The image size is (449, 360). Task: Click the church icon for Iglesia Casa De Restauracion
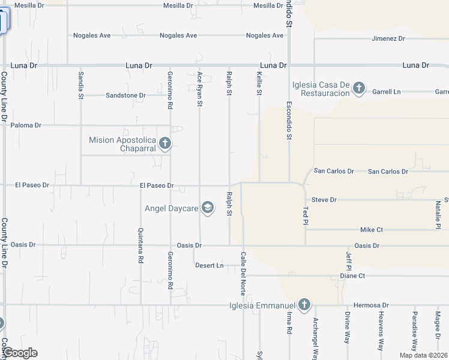click(359, 88)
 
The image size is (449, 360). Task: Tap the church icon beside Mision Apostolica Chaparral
click(165, 143)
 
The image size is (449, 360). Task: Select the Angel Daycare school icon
click(207, 208)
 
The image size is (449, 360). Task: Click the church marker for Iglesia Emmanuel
click(304, 305)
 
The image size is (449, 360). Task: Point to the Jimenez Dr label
click(388, 38)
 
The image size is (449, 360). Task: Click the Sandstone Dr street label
click(125, 95)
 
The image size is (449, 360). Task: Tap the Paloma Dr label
click(26, 125)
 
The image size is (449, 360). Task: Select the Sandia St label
click(81, 85)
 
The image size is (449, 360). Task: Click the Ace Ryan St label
click(200, 89)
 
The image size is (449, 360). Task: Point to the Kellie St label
click(259, 83)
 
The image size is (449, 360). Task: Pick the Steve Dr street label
click(324, 200)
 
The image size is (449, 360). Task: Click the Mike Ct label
click(372, 230)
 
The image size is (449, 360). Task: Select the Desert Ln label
click(209, 265)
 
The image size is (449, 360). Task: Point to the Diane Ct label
click(352, 276)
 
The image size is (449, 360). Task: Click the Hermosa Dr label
click(372, 305)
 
